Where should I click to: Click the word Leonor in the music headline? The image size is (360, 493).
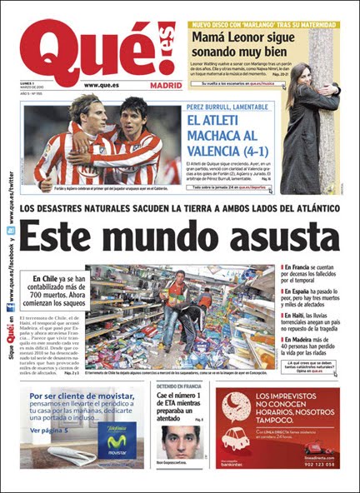[x=247, y=36]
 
